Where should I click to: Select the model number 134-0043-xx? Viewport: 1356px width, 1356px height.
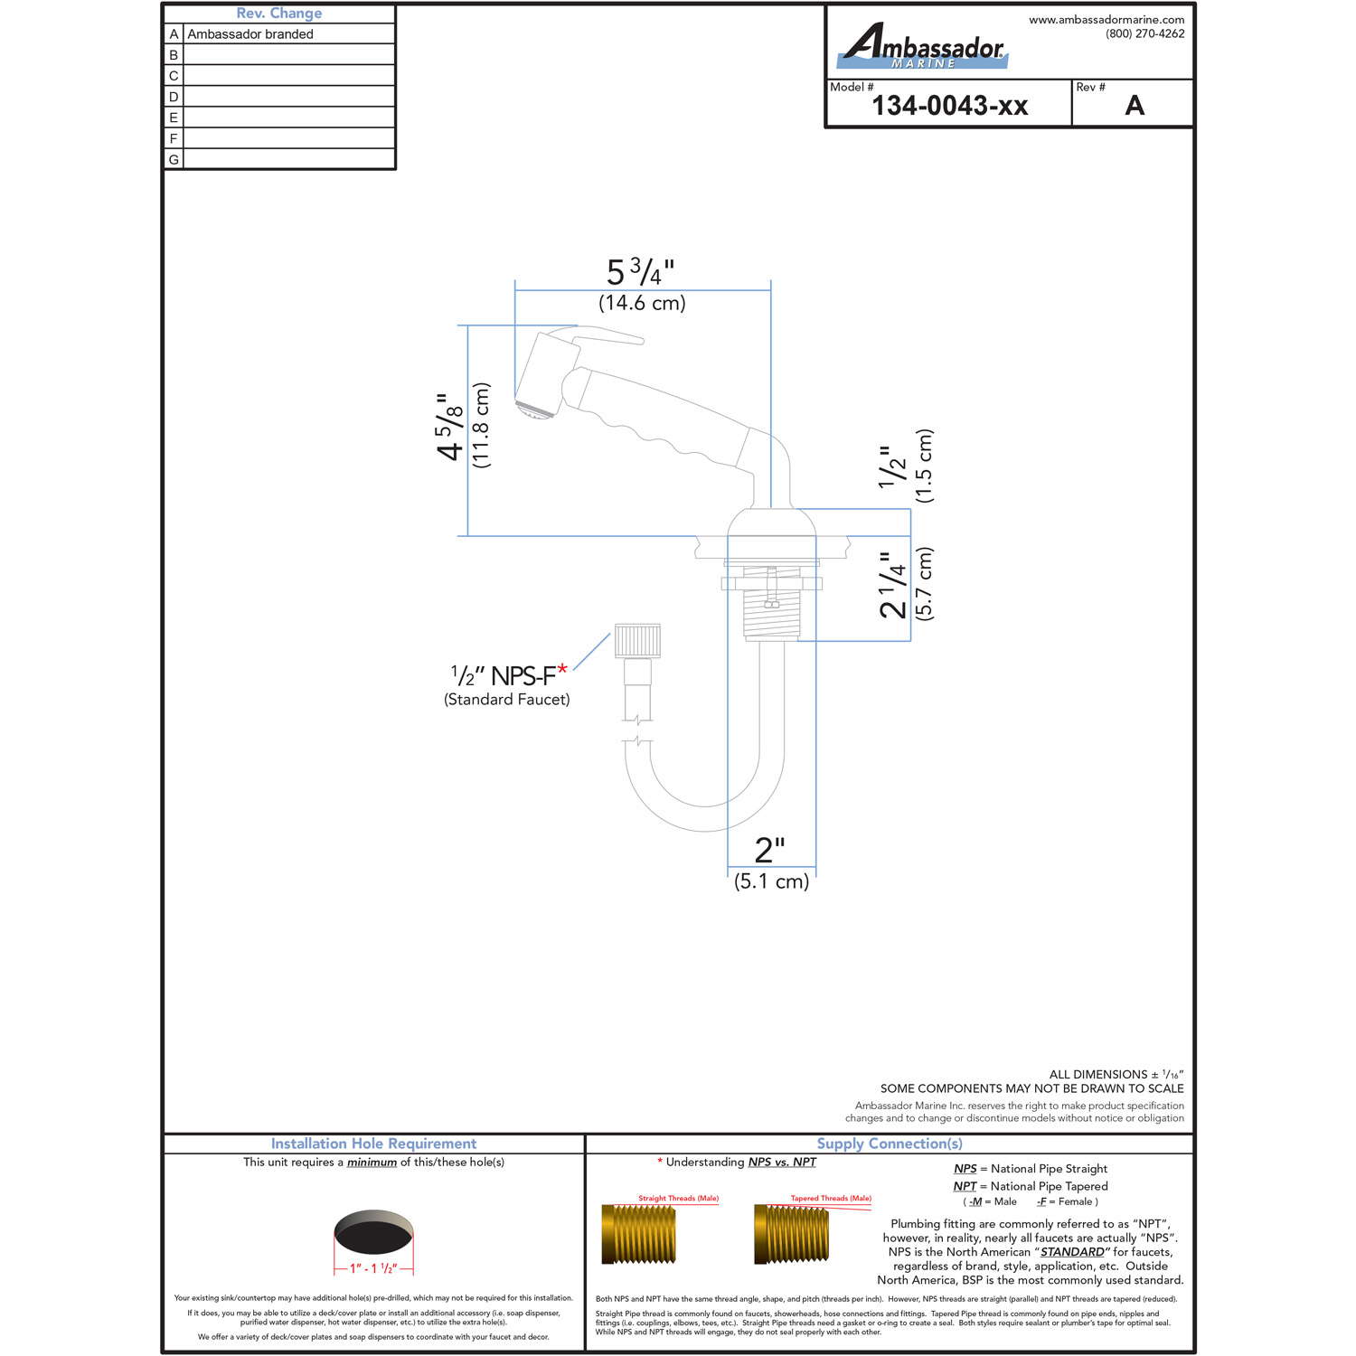click(x=950, y=106)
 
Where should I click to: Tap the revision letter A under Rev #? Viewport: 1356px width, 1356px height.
click(x=1135, y=106)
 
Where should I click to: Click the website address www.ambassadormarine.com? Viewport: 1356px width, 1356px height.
click(x=1106, y=19)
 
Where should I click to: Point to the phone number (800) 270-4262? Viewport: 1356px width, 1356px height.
click(x=1144, y=33)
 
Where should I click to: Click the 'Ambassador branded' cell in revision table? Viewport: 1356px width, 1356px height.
click(x=250, y=34)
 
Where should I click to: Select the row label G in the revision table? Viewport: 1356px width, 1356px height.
click(x=174, y=159)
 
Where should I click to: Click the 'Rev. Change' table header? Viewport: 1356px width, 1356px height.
click(x=279, y=14)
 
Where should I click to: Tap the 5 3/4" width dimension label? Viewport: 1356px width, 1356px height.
click(x=641, y=272)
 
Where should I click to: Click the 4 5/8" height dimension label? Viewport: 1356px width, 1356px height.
click(x=450, y=427)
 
